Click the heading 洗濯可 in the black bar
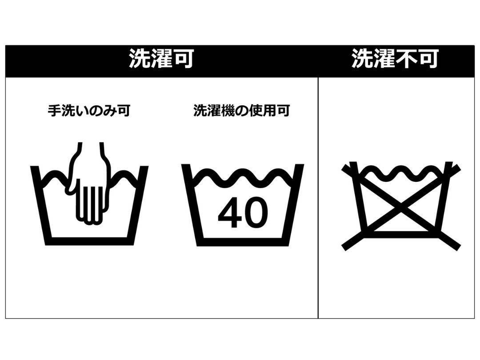pyautogui.click(x=161, y=59)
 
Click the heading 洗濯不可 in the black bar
pyautogui.click(x=395, y=59)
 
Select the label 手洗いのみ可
pyautogui.click(x=89, y=110)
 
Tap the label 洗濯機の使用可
pyautogui.click(x=241, y=110)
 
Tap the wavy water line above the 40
pyautogui.click(x=243, y=177)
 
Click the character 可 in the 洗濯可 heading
pyautogui.click(x=183, y=59)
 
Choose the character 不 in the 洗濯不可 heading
pyautogui.click(x=405, y=59)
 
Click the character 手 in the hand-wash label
pyautogui.click(x=54, y=110)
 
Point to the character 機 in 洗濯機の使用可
pyautogui.click(x=223, y=110)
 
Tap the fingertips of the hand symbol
pyautogui.click(x=88, y=218)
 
